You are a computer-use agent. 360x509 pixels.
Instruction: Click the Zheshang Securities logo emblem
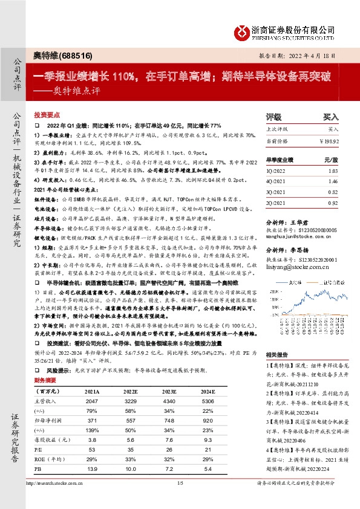(242, 31)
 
